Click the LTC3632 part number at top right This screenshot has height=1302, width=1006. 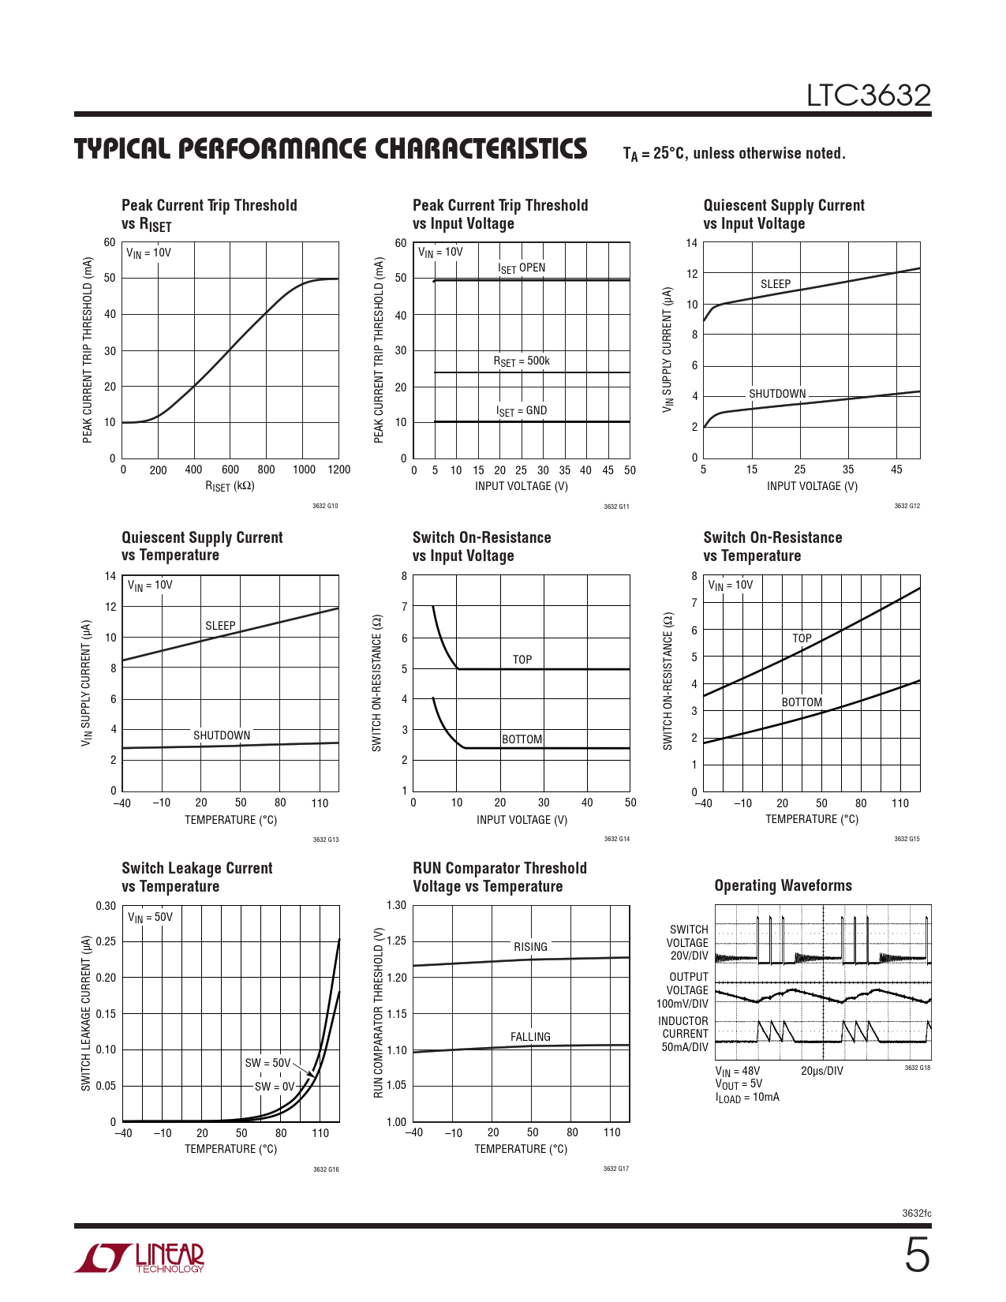(868, 95)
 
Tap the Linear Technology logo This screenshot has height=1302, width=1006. (140, 1258)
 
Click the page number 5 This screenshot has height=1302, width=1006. (916, 1255)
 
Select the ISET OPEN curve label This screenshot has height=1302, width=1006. (522, 268)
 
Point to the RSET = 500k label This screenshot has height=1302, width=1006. (522, 361)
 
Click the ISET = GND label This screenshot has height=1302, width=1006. (522, 411)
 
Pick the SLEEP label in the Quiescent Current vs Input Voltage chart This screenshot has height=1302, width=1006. (776, 284)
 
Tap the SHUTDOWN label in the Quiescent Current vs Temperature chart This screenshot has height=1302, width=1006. (222, 735)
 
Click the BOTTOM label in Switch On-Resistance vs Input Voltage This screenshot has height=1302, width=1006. (522, 739)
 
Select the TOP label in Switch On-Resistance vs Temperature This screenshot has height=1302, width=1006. (802, 638)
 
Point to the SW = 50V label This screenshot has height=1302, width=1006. (267, 1063)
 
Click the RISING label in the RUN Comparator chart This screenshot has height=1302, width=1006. (530, 947)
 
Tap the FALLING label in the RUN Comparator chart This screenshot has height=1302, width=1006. (530, 1037)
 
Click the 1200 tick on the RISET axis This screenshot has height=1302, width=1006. (339, 470)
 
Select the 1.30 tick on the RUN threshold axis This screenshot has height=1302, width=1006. (397, 905)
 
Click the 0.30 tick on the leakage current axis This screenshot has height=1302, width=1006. (106, 906)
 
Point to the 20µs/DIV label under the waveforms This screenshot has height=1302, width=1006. (822, 1071)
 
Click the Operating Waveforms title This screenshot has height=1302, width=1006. (783, 885)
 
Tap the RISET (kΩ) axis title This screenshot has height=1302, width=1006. (230, 487)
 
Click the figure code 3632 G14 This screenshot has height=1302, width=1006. (616, 839)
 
